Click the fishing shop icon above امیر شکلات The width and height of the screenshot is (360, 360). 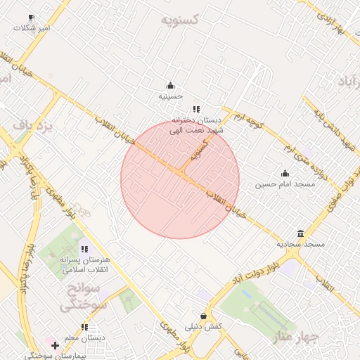[30, 17]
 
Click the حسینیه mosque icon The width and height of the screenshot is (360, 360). [169, 86]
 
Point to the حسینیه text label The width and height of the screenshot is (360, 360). [170, 96]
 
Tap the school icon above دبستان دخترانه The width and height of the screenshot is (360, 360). [196, 109]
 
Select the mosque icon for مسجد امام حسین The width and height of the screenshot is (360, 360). [285, 174]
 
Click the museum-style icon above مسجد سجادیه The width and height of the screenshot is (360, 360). [300, 234]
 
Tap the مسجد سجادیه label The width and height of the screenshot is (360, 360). [300, 244]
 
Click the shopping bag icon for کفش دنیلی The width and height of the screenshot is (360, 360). [203, 316]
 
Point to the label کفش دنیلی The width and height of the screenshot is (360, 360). [204, 327]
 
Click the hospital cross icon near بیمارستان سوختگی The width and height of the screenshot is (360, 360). [56, 345]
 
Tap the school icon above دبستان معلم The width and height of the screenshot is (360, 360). [85, 327]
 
